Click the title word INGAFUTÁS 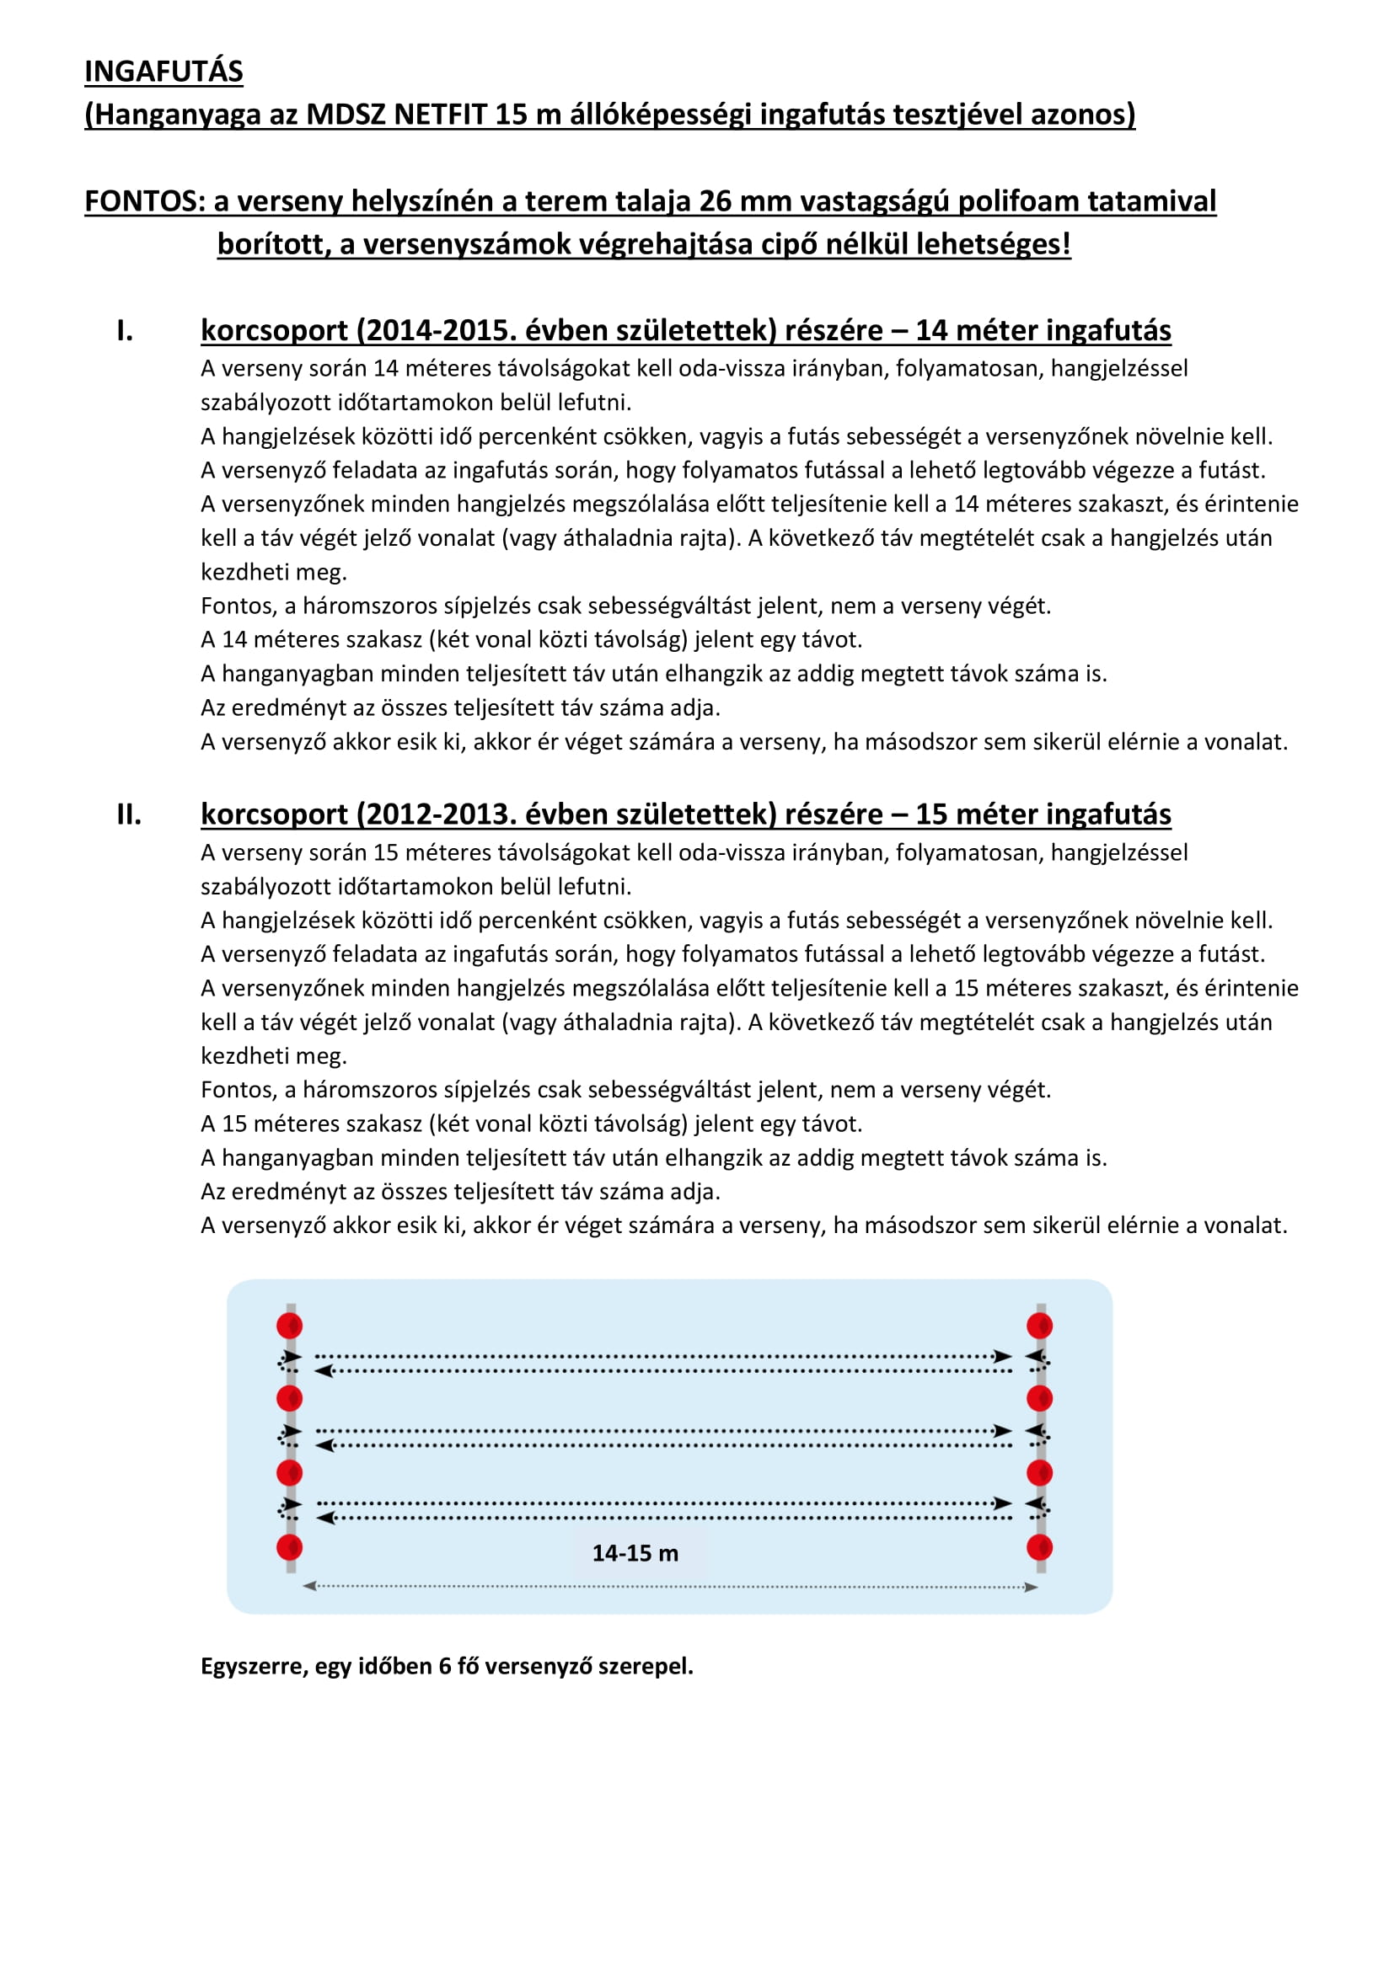click(164, 72)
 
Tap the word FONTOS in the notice click(142, 200)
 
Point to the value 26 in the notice click(714, 200)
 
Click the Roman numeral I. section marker click(126, 330)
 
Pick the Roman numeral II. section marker click(129, 814)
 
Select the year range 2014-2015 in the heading click(435, 330)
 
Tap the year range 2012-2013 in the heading click(435, 814)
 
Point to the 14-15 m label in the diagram click(635, 1553)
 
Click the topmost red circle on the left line click(289, 1326)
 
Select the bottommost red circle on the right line click(1039, 1548)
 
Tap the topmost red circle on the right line click(1039, 1326)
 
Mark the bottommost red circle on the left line click(289, 1548)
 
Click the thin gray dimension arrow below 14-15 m click(669, 1587)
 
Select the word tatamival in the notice click(1159, 200)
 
